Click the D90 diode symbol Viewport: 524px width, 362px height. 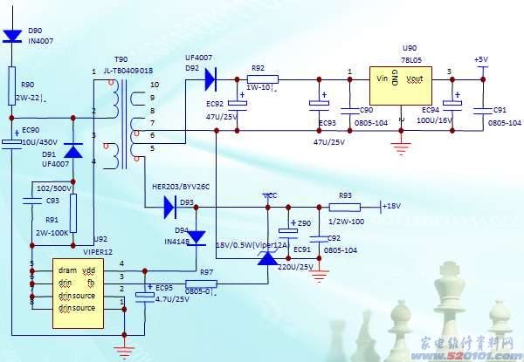pyautogui.click(x=12, y=37)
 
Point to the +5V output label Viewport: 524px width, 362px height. pyautogui.click(x=480, y=58)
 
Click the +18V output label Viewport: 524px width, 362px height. pyautogui.click(x=393, y=206)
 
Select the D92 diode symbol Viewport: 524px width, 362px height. pyautogui.click(x=210, y=80)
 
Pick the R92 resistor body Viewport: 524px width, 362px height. pyautogui.click(x=262, y=79)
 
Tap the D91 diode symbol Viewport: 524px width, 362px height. pyautogui.click(x=74, y=150)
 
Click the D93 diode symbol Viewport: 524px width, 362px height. pyautogui.click(x=170, y=207)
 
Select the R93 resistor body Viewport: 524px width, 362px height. pyautogui.click(x=345, y=207)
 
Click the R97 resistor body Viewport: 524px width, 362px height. pyautogui.click(x=202, y=283)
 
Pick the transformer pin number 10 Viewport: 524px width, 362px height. pyautogui.click(x=154, y=85)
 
